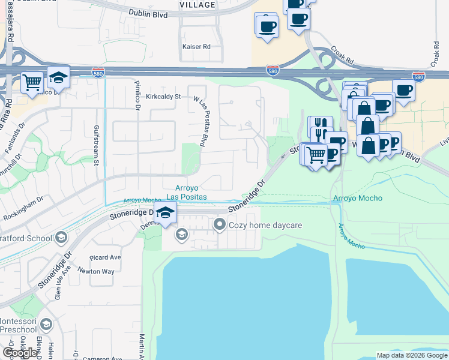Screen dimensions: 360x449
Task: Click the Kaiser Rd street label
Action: tap(197, 46)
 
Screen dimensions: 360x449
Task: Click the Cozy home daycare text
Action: tap(265, 225)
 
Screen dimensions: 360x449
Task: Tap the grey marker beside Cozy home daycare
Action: tap(220, 225)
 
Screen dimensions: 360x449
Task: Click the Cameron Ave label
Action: tap(98, 358)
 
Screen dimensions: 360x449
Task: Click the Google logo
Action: tap(20, 352)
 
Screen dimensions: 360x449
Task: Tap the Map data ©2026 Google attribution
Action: tap(412, 355)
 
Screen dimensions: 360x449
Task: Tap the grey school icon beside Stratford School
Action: tap(61, 238)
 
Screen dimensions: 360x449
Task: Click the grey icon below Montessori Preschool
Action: tap(46, 325)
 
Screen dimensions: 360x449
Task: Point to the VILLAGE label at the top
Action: tap(197, 4)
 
